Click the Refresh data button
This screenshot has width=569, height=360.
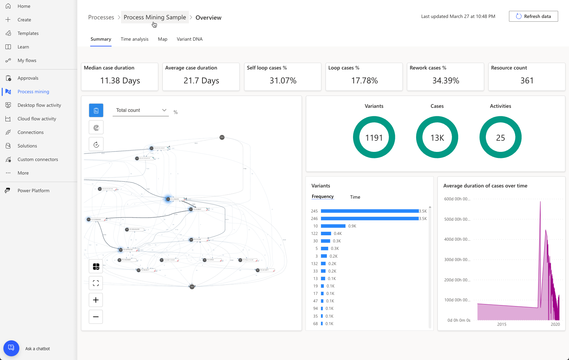click(x=533, y=16)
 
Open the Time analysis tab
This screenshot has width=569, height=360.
click(x=134, y=39)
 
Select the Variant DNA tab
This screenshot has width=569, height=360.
click(x=189, y=39)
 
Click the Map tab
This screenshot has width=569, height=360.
click(x=162, y=39)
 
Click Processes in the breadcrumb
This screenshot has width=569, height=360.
click(x=101, y=17)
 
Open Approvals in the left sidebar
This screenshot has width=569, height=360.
click(x=28, y=78)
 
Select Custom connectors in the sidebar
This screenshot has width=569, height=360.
click(x=38, y=159)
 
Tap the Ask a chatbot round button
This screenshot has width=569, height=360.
click(x=11, y=348)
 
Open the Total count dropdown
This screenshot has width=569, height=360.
click(x=140, y=110)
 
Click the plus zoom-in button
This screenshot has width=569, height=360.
click(x=96, y=300)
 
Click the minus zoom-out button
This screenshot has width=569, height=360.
click(x=96, y=317)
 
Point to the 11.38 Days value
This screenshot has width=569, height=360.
click(x=120, y=81)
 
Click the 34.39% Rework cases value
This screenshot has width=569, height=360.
click(x=446, y=81)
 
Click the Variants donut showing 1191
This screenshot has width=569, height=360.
click(x=374, y=137)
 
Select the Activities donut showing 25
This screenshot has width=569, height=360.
click(x=500, y=137)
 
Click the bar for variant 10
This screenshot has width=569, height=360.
click(x=333, y=226)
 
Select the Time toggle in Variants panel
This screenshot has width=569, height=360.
click(x=355, y=197)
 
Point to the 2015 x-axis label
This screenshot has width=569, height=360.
click(x=502, y=324)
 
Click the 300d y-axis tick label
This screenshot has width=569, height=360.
click(x=457, y=260)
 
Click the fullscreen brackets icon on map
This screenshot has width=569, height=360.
click(x=96, y=283)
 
